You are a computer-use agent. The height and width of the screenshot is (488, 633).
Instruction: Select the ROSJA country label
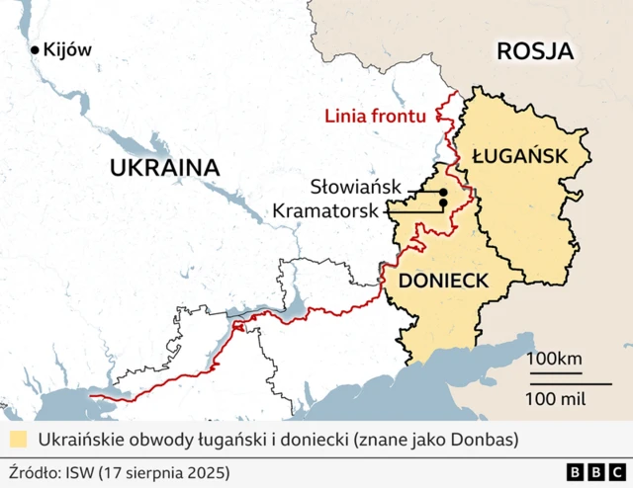(535, 51)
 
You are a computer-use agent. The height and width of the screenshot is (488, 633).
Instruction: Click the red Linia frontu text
(375, 117)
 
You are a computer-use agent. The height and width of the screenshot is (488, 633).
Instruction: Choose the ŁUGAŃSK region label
(519, 155)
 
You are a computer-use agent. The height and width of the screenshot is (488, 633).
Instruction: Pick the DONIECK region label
(443, 281)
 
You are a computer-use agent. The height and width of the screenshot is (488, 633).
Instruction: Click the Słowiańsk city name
(355, 186)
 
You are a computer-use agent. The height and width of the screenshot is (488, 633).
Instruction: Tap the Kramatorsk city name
(326, 210)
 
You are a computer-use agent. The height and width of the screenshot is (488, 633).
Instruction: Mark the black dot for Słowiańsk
(443, 192)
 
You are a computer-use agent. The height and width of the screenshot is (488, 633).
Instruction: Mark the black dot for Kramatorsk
(443, 203)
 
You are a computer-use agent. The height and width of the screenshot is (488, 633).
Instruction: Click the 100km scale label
(555, 358)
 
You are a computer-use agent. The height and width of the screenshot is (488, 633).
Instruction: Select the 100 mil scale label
(556, 398)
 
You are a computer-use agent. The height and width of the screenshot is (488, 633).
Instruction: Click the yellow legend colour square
(17, 439)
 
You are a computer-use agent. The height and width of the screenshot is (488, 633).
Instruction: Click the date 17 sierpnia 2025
(167, 471)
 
